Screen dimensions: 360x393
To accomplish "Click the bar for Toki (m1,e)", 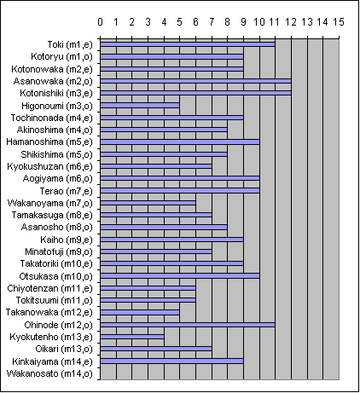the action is [x=188, y=44].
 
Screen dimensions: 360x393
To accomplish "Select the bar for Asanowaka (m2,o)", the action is [x=195, y=81].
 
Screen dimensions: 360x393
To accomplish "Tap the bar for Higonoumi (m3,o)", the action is [x=140, y=106].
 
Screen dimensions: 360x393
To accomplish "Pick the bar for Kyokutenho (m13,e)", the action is [x=132, y=337].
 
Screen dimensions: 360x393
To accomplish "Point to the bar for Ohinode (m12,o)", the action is [x=188, y=325].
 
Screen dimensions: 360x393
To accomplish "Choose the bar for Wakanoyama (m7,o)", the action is [x=148, y=203].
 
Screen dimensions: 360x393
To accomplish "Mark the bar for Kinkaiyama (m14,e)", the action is [x=171, y=361].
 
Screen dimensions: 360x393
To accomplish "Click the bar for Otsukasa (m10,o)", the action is [x=180, y=275].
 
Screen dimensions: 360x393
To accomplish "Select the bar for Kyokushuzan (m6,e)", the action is [x=156, y=166].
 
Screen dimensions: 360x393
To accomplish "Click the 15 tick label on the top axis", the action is [x=339, y=22].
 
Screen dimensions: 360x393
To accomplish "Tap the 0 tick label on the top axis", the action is [x=100, y=22].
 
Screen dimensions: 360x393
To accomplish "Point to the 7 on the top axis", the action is [x=212, y=22].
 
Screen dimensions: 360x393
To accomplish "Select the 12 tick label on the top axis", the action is [x=291, y=22].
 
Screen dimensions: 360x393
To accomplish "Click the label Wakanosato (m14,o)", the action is [x=49, y=373].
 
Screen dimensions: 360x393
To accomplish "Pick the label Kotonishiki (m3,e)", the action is [x=56, y=93].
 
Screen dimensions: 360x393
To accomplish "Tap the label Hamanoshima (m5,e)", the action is [x=49, y=142].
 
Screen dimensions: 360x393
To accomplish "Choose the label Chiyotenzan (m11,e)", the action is [x=50, y=288].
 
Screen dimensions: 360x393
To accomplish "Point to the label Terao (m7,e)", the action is [x=67, y=191].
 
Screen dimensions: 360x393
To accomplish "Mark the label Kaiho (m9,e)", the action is [x=67, y=240].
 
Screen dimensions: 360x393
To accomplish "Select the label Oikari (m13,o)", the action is [x=64, y=349].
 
